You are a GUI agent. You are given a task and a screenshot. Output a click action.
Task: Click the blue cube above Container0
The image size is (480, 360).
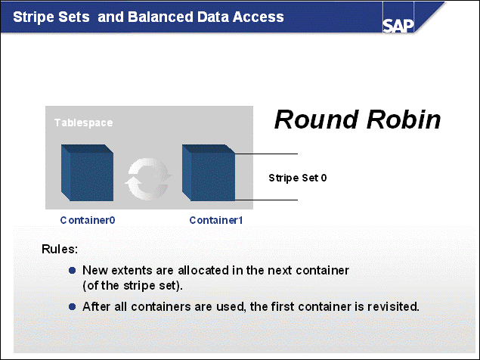coord(87,173)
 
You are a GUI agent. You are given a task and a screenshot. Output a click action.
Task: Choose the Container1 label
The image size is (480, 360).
coord(216,220)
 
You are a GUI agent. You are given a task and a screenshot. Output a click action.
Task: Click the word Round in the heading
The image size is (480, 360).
coord(310,119)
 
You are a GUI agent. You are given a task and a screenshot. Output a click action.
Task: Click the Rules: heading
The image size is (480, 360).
coord(59,249)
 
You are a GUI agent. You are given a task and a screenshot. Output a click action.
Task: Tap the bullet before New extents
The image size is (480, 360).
coord(73,270)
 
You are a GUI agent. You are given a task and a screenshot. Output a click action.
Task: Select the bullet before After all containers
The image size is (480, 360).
coord(73,307)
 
